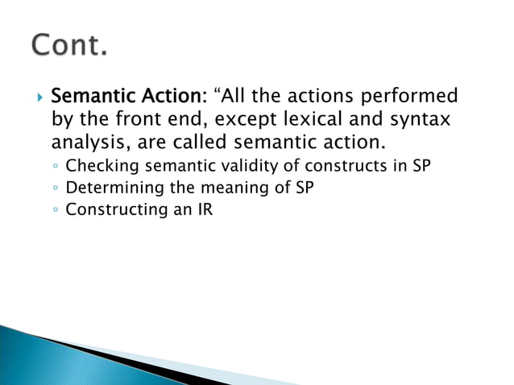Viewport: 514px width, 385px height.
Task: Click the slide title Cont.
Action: [69, 45]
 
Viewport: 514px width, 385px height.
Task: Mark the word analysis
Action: [87, 146]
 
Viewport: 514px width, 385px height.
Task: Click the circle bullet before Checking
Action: [56, 169]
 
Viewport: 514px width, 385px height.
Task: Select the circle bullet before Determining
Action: [56, 191]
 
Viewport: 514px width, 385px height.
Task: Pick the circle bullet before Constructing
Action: [56, 213]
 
